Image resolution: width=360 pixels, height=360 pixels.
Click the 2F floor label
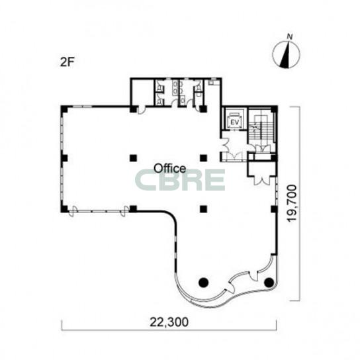coord(66,62)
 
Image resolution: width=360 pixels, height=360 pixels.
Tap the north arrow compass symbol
coord(286,55)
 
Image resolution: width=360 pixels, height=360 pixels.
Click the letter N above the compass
coord(291,36)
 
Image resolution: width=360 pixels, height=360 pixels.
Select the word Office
coord(169,169)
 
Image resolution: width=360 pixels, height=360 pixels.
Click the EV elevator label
coord(234,122)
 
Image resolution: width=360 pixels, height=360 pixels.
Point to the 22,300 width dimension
coord(169,322)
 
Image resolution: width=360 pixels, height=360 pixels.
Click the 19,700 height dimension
coord(292,203)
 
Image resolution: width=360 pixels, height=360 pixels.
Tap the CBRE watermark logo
coord(180,180)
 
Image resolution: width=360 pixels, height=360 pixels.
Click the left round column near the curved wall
coord(203,282)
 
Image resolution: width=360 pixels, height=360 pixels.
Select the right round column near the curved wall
coord(269,282)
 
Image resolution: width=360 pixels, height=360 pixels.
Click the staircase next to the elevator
coord(262,130)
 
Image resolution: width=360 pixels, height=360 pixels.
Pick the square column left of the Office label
coord(133,158)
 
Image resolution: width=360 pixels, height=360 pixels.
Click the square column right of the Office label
coord(203,158)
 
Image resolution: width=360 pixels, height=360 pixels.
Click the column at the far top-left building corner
coord(64,109)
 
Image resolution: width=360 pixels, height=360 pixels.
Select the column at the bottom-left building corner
coord(64,209)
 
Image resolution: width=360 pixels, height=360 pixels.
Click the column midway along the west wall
coord(64,158)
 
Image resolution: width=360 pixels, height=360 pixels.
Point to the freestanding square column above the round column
coord(203,209)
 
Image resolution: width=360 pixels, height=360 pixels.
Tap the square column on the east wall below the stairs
coord(274,209)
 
